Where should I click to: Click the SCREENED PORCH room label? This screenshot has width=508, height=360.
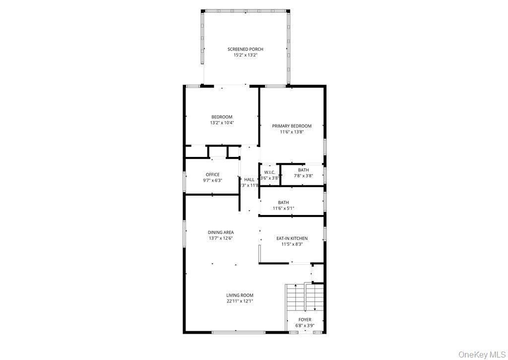[245, 49]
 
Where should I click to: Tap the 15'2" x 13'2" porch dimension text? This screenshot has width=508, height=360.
[245, 55]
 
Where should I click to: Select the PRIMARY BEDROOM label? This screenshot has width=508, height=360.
[292, 126]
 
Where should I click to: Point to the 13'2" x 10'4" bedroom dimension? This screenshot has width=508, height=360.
[222, 123]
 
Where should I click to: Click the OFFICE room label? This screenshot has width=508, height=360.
[212, 174]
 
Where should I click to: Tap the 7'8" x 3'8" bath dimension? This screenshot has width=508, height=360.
[303, 176]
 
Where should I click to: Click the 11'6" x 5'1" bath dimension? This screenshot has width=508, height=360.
[283, 208]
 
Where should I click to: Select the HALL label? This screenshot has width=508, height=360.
[249, 180]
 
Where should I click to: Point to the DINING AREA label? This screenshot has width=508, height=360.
[221, 232]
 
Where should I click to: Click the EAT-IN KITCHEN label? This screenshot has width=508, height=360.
[292, 238]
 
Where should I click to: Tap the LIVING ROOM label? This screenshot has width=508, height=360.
[240, 295]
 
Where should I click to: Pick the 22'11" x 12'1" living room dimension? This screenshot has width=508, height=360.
[240, 301]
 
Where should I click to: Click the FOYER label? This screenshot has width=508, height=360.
[305, 320]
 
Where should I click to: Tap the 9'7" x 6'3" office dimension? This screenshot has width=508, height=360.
[212, 180]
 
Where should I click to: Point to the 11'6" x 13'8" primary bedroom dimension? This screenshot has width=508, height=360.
[292, 132]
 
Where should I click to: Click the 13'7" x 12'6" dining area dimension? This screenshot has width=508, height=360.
[221, 238]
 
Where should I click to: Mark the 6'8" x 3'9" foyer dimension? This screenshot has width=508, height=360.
[305, 326]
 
